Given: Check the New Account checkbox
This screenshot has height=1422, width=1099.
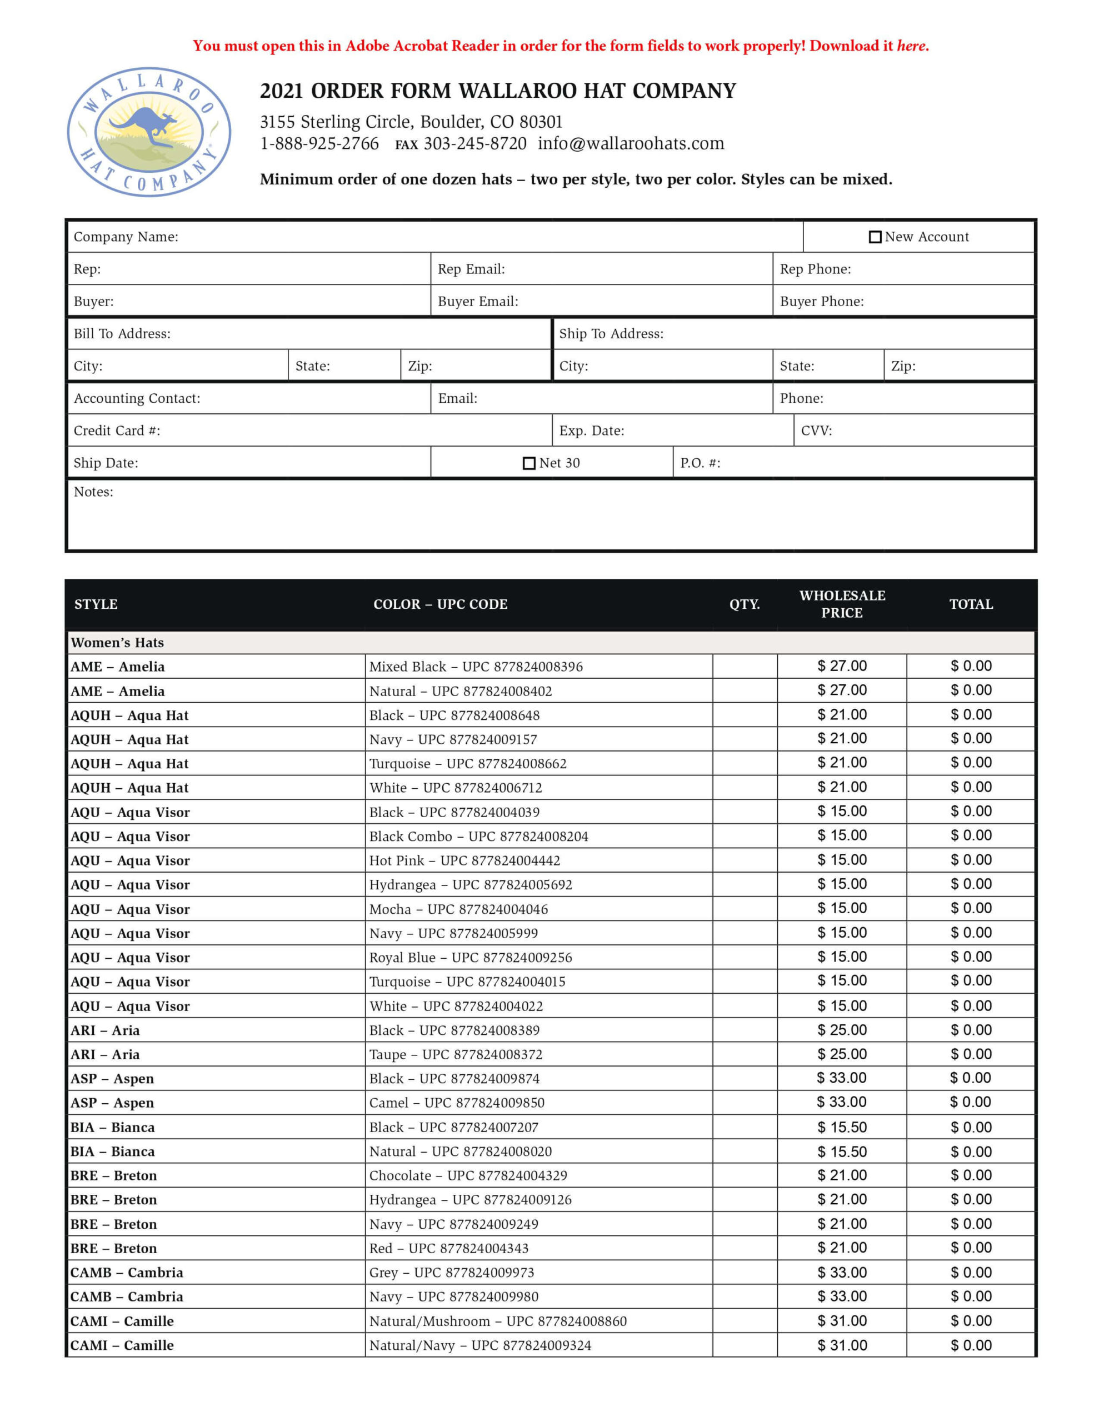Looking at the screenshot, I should pyautogui.click(x=875, y=237).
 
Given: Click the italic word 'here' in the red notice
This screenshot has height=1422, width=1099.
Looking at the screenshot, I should pyautogui.click(x=911, y=46).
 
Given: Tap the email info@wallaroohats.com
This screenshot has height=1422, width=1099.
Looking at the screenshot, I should pyautogui.click(x=631, y=144).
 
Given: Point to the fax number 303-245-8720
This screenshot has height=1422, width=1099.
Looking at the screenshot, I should pyautogui.click(x=475, y=144).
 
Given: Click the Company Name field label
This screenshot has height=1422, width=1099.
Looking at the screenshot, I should pyautogui.click(x=126, y=237).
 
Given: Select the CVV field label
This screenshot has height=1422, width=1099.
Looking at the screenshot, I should pyautogui.click(x=816, y=431).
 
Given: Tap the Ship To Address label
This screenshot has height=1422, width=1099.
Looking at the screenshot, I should pyautogui.click(x=611, y=334).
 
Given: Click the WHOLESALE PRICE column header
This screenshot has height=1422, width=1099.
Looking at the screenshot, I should pyautogui.click(x=842, y=604).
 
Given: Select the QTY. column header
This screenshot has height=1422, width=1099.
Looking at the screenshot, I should pyautogui.click(x=745, y=604).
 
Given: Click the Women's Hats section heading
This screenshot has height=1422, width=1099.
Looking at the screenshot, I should pyautogui.click(x=117, y=643).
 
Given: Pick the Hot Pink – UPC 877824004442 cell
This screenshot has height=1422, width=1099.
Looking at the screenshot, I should pyautogui.click(x=464, y=861).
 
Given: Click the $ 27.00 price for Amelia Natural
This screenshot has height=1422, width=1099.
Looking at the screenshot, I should pyautogui.click(x=842, y=690).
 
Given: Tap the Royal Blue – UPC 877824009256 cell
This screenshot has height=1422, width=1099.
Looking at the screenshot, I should pyautogui.click(x=471, y=958).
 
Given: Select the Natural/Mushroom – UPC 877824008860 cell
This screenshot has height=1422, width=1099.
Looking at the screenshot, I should pyautogui.click(x=498, y=1321).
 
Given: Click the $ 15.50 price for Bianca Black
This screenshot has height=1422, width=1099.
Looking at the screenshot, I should pyautogui.click(x=842, y=1127).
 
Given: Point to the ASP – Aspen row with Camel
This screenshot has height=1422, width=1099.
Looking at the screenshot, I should pyautogui.click(x=112, y=1103).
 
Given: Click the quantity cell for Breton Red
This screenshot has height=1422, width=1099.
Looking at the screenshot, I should pyautogui.click(x=745, y=1248).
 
